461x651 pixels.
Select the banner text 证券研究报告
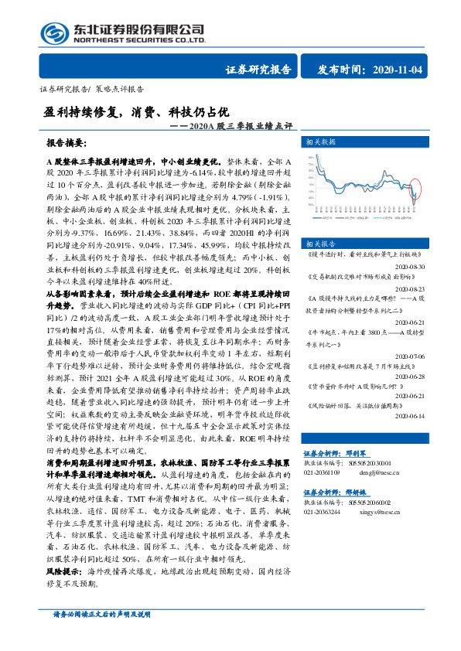tap(258, 70)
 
